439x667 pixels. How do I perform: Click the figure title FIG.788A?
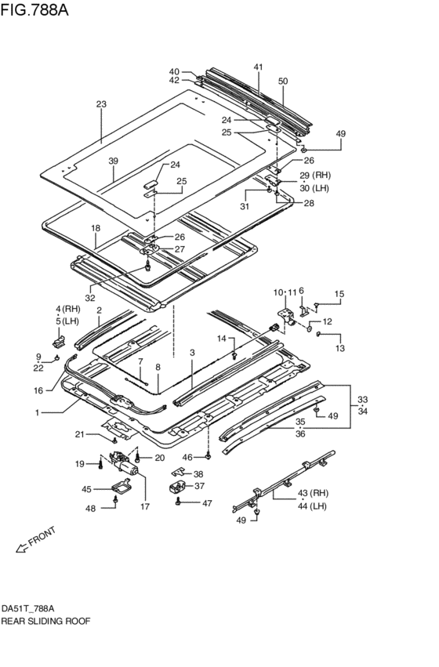(x=34, y=9)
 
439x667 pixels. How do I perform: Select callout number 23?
(x=101, y=104)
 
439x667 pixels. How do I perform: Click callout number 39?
(x=113, y=161)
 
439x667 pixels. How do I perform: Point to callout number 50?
(x=283, y=81)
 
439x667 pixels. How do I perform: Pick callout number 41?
(x=258, y=67)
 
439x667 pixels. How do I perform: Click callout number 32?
(x=89, y=298)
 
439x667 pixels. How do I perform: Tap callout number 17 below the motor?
(x=145, y=506)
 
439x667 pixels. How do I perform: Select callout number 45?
(x=87, y=490)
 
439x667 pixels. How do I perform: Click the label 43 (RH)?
(x=314, y=493)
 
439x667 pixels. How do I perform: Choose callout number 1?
(x=38, y=412)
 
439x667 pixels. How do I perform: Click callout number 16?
(x=38, y=390)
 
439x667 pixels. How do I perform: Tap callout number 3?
(x=192, y=353)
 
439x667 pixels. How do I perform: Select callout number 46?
(x=187, y=457)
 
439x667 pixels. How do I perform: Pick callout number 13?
(x=340, y=348)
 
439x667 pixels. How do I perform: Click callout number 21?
(x=81, y=434)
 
